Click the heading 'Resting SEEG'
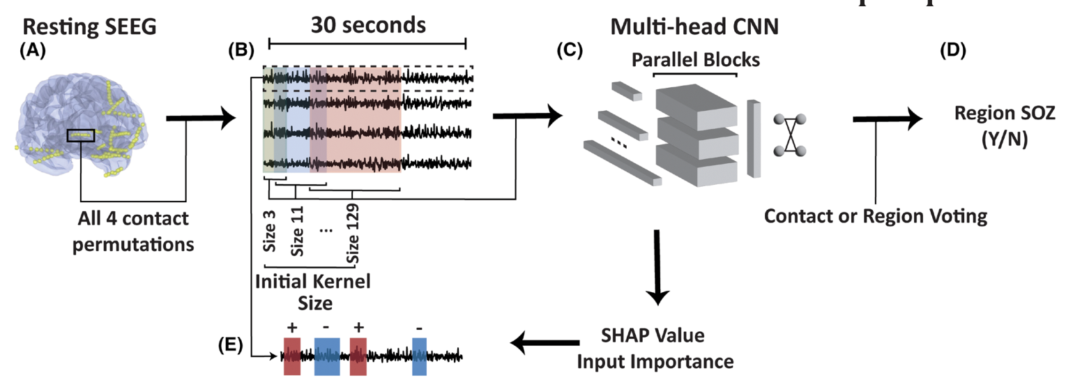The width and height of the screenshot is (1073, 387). click(x=89, y=26)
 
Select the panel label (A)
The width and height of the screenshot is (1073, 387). click(x=33, y=50)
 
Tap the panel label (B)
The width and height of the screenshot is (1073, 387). click(x=241, y=50)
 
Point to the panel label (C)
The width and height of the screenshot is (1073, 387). click(x=570, y=50)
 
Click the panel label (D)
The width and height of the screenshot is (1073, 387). click(x=953, y=50)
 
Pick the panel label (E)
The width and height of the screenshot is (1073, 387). click(x=230, y=344)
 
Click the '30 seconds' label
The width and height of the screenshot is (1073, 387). click(x=368, y=25)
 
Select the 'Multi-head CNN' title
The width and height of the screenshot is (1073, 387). click(x=694, y=26)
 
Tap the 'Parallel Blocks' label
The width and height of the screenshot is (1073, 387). click(x=696, y=60)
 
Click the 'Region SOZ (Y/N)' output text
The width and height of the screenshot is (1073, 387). click(x=1005, y=126)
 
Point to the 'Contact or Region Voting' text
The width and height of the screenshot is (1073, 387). click(x=876, y=216)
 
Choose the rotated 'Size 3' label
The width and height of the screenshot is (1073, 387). click(x=270, y=232)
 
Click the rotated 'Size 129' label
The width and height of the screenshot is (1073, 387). click(x=353, y=234)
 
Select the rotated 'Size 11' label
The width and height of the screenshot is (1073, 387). click(x=297, y=232)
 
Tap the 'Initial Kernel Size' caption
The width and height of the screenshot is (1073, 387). click(x=313, y=292)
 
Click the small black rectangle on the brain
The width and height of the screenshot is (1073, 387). click(x=81, y=135)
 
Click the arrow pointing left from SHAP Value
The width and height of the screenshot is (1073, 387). click(x=545, y=342)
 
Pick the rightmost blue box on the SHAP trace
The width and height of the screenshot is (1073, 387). click(x=419, y=357)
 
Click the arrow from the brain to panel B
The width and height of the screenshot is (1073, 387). click(x=201, y=118)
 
